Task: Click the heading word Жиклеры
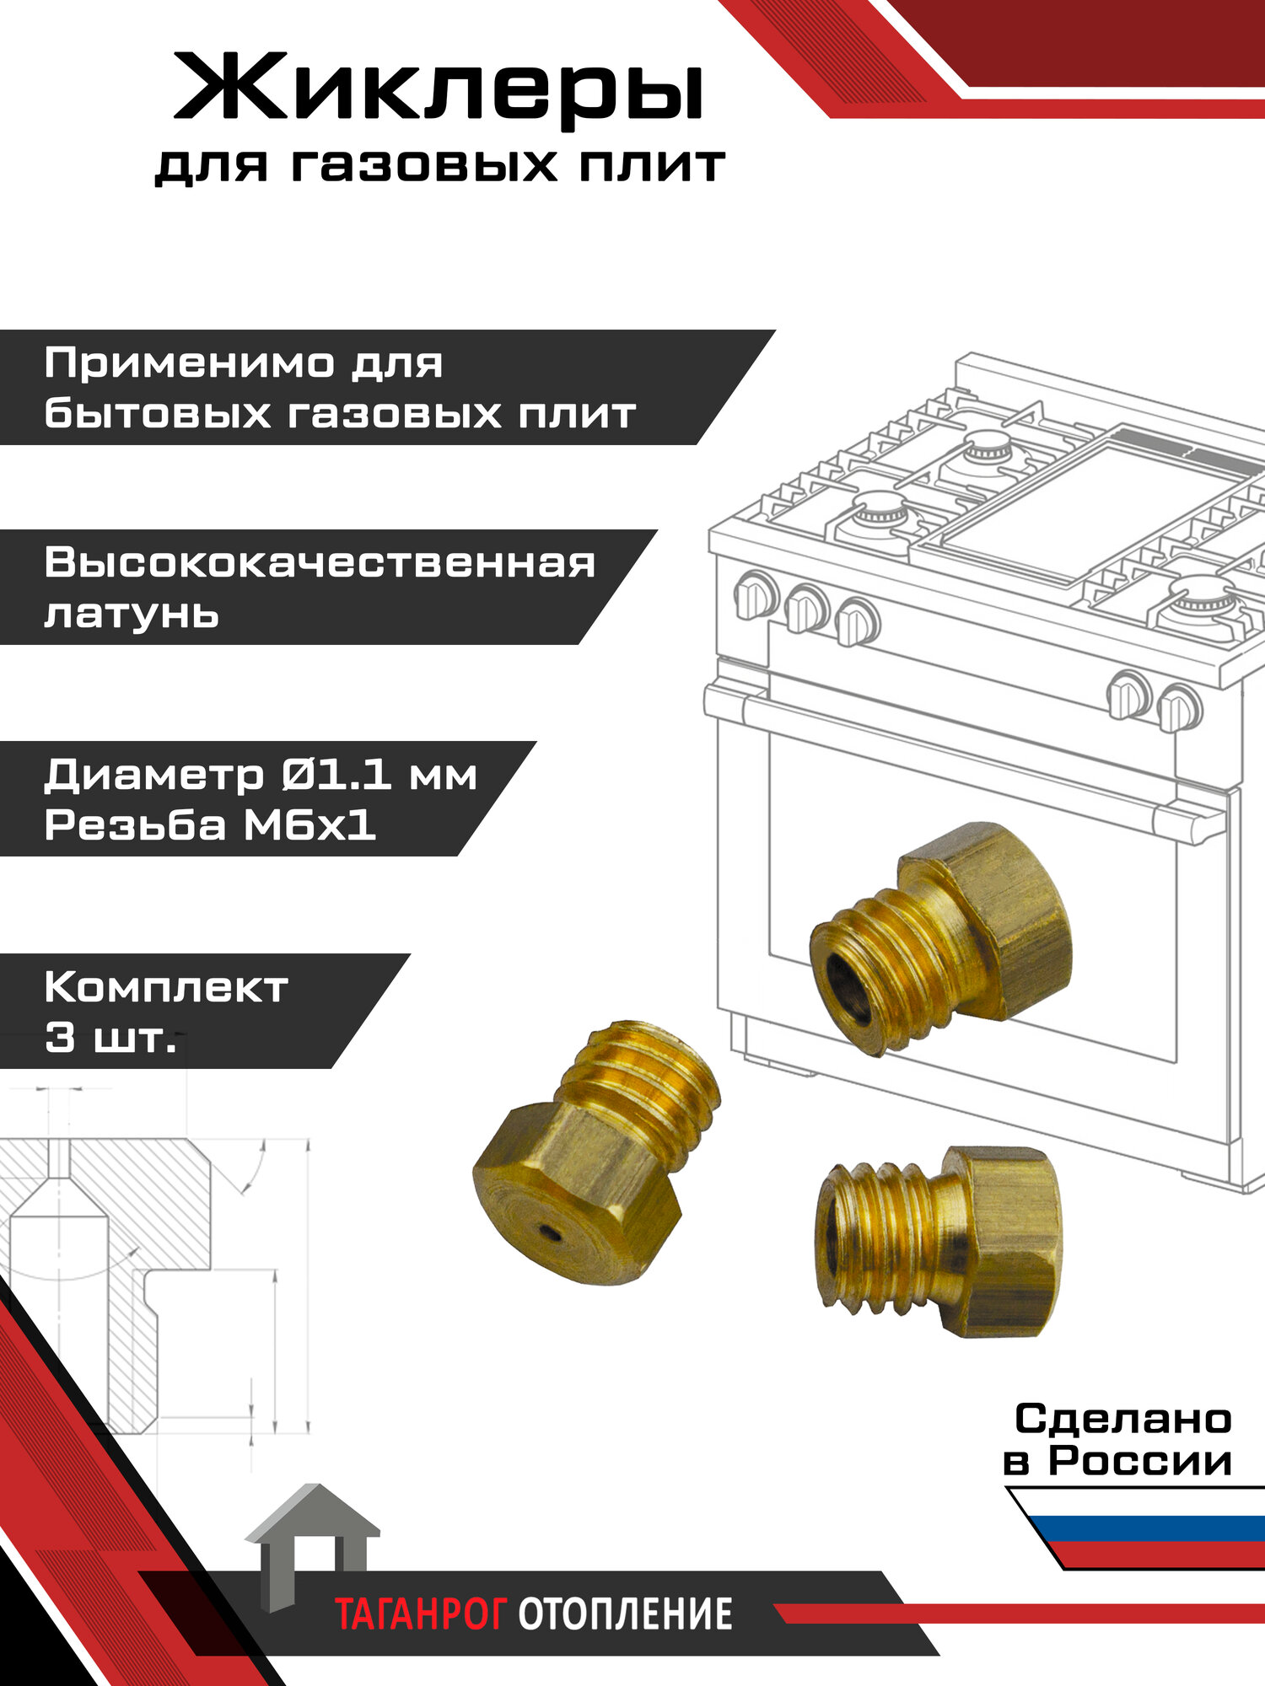point(439,89)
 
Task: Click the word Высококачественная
point(320,563)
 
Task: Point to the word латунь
point(132,614)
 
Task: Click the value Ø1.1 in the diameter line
point(336,775)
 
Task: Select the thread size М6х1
point(310,825)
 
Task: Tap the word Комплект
point(166,987)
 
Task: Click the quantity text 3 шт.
point(110,1038)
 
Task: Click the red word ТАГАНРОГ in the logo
point(421,1614)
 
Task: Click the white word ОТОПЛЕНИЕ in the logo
point(625,1614)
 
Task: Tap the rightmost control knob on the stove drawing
point(1178,708)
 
